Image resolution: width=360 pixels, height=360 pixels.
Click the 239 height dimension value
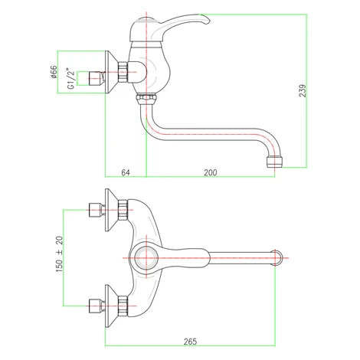coord(303,90)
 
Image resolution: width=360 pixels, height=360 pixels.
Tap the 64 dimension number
coord(126,172)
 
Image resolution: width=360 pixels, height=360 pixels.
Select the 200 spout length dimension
coord(211,172)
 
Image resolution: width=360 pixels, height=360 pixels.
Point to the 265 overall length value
coord(190,342)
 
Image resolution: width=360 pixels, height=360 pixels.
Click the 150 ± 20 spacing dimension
coord(59,254)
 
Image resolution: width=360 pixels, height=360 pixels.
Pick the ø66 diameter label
coord(54,72)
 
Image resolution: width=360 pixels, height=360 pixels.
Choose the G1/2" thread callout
coord(71,79)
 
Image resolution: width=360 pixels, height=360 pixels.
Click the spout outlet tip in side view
coord(274,162)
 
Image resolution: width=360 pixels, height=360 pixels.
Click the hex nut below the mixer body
coord(146,98)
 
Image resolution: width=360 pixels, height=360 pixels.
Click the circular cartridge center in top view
coord(146,258)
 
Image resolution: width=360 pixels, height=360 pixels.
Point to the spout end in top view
coord(277,258)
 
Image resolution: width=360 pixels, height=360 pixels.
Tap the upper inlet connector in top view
coord(97,210)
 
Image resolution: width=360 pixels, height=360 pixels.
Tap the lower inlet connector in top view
coord(97,306)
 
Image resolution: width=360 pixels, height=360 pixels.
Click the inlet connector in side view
coord(97,78)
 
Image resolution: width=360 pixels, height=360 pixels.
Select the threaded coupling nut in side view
coord(123,72)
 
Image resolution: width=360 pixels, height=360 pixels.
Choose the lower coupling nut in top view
coord(123,306)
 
